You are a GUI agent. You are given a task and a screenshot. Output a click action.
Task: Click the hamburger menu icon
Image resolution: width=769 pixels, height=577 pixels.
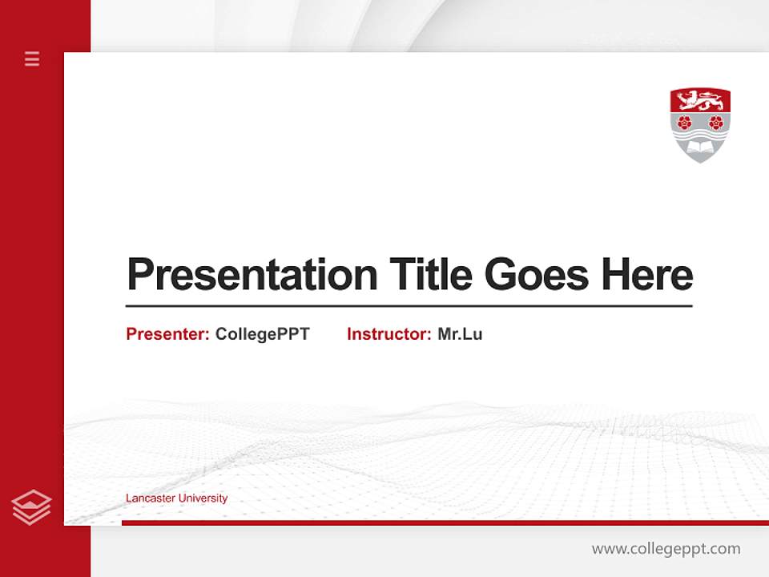point(32,59)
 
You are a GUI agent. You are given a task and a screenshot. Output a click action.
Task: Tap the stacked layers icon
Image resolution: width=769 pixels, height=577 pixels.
point(31,507)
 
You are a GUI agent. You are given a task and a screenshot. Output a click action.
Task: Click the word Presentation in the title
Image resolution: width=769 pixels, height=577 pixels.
point(252,275)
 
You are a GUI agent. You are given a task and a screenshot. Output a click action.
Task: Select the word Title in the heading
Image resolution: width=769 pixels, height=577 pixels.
point(431,275)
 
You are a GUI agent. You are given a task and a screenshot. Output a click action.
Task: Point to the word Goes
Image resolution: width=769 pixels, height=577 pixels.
point(538,275)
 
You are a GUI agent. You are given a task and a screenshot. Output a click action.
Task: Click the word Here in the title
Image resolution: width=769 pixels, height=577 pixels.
point(647,275)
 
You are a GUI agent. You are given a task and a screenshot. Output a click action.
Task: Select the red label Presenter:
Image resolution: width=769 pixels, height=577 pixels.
point(167,334)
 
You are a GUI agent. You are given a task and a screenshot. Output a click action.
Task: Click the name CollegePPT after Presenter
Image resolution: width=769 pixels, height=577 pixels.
point(262,334)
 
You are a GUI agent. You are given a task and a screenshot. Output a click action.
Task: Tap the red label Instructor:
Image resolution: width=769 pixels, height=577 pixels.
point(389,334)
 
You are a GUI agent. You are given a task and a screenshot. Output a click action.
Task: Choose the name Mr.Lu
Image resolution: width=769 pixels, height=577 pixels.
point(460,334)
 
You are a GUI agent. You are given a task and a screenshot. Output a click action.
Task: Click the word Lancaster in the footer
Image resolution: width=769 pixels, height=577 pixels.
point(150,498)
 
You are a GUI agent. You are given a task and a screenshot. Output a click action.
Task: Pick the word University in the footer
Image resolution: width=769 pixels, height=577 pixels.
point(203,498)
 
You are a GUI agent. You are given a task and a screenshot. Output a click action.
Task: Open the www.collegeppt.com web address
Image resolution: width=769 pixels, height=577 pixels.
point(666,549)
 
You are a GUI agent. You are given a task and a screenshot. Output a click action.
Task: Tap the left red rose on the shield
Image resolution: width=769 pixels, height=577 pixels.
point(684,122)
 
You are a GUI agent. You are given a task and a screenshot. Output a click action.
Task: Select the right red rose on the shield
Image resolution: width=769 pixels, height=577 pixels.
point(716,122)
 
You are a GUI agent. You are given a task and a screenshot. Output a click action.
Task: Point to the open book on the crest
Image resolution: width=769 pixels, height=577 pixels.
point(700,148)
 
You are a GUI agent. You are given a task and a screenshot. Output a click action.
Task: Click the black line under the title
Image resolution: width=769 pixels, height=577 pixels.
point(409,306)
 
